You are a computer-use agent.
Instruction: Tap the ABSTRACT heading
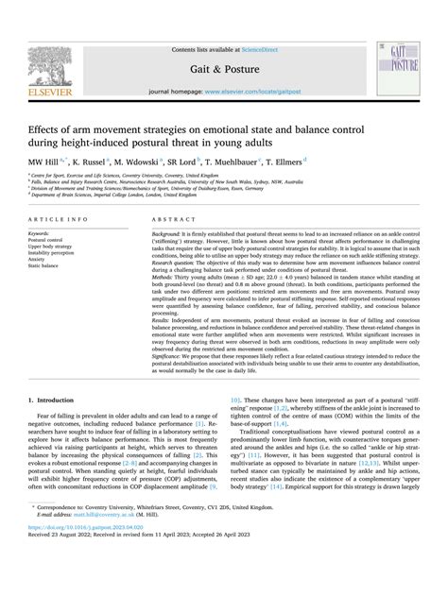click(173, 219)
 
